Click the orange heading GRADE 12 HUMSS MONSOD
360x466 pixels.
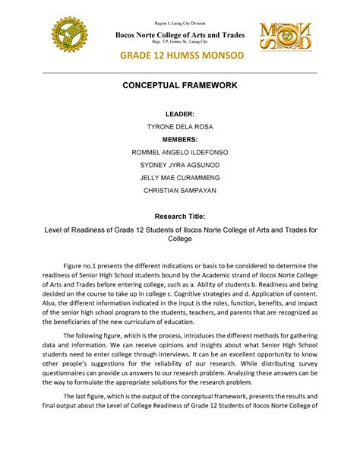[180, 57]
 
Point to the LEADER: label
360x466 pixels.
[180, 113]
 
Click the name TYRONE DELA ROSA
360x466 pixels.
[180, 126]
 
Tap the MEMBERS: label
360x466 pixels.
[180, 139]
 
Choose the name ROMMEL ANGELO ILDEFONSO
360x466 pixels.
[180, 153]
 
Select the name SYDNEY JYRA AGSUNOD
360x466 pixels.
[180, 165]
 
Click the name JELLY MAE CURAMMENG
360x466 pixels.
[180, 178]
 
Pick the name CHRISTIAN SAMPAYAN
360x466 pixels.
[180, 190]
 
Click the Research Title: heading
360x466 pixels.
[180, 215]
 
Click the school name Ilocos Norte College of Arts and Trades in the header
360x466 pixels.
[180, 27]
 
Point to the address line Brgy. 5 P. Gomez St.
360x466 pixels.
[180, 36]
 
